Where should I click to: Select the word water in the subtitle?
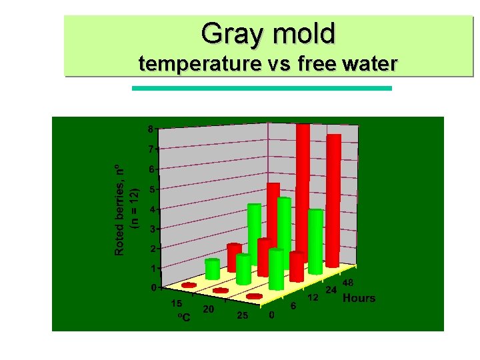(370, 64)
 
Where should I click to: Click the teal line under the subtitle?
(262, 88)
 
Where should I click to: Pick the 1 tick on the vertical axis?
(153, 268)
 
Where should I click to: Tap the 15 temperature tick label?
(177, 303)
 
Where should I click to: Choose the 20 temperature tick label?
(208, 309)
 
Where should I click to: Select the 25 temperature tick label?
(243, 315)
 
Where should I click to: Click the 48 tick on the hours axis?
(347, 283)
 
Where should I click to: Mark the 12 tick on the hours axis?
(312, 297)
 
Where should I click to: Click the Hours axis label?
(359, 298)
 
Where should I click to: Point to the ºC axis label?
(183, 317)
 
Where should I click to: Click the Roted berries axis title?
(119, 210)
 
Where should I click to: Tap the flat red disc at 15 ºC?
(189, 285)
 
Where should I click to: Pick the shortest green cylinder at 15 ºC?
(212, 269)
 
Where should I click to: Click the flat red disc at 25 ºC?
(254, 296)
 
